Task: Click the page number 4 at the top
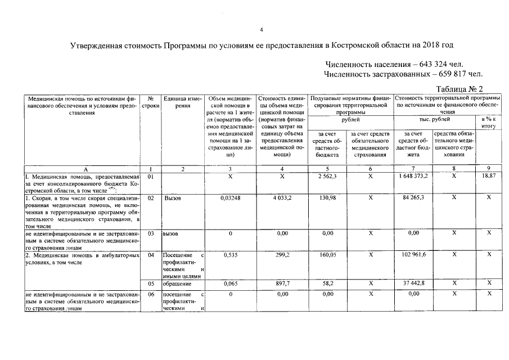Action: [262, 29]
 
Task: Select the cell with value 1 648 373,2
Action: [413, 176]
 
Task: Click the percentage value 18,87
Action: [488, 176]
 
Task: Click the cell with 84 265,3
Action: [413, 198]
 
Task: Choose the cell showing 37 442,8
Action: [413, 283]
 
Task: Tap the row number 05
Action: [150, 283]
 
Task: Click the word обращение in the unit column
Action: [177, 283]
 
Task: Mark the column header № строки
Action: [150, 102]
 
